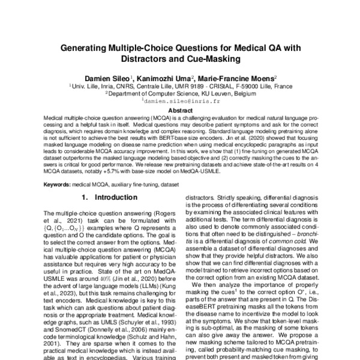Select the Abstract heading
pyautogui.click(x=179, y=110)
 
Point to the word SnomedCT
pyautogui.click(x=68, y=329)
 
